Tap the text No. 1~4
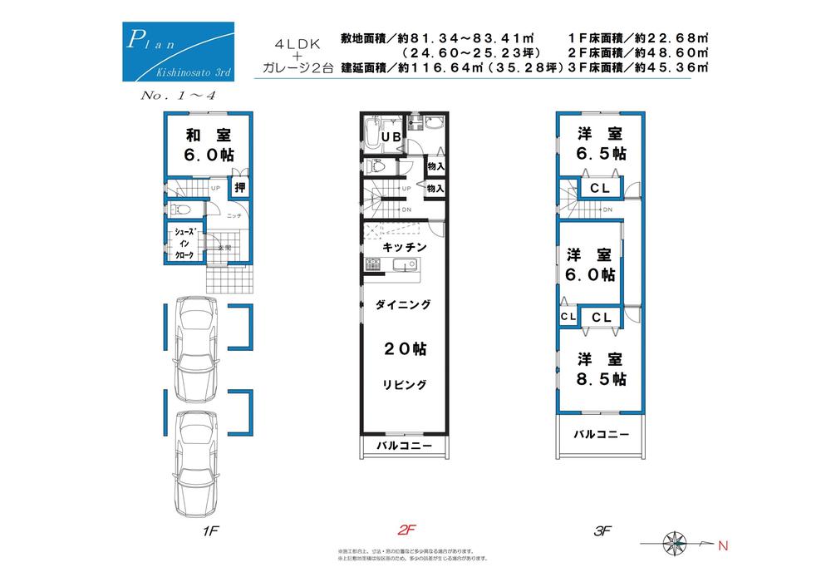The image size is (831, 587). (179, 96)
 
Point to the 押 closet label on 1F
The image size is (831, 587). (239, 187)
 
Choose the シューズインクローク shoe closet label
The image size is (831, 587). (184, 244)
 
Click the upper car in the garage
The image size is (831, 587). (194, 348)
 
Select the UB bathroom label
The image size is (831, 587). (391, 136)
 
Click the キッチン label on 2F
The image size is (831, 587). (405, 248)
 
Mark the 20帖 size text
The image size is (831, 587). (405, 350)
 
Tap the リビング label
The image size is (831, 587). (405, 384)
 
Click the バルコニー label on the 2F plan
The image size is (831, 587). (404, 446)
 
